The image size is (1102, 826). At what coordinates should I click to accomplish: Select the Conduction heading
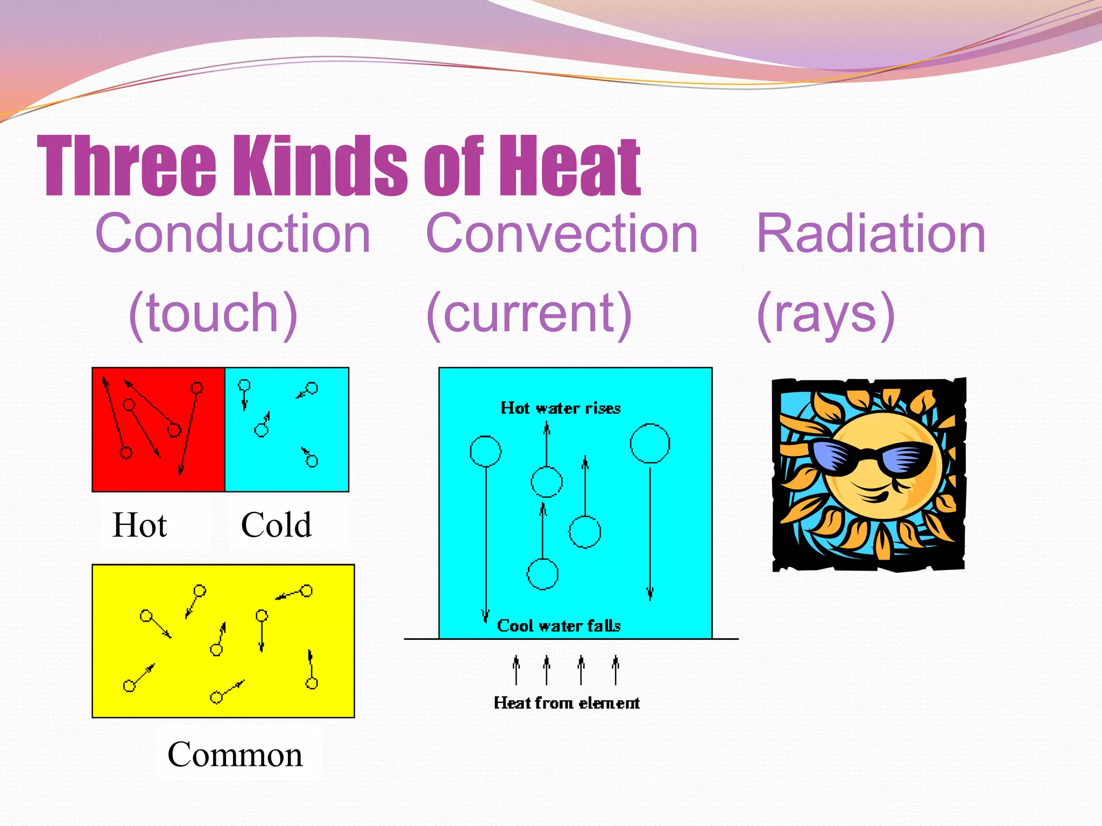232,233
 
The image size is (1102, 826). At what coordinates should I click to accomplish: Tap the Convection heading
561,233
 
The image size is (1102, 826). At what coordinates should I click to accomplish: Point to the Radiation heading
871,233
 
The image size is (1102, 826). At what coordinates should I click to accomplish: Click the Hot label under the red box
139,525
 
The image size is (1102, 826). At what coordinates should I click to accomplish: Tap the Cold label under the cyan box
276,525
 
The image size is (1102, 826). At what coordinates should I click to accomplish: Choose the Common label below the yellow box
235,754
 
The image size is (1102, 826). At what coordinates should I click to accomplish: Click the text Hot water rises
560,408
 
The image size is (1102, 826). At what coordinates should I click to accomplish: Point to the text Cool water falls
559,626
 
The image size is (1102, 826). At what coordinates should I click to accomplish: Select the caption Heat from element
567,703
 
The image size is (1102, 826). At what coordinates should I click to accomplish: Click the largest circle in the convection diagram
650,443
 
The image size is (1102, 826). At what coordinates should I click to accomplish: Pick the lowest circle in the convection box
542,574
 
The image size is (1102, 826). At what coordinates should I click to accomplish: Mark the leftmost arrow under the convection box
516,670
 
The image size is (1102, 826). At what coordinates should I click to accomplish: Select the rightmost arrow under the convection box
616,670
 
